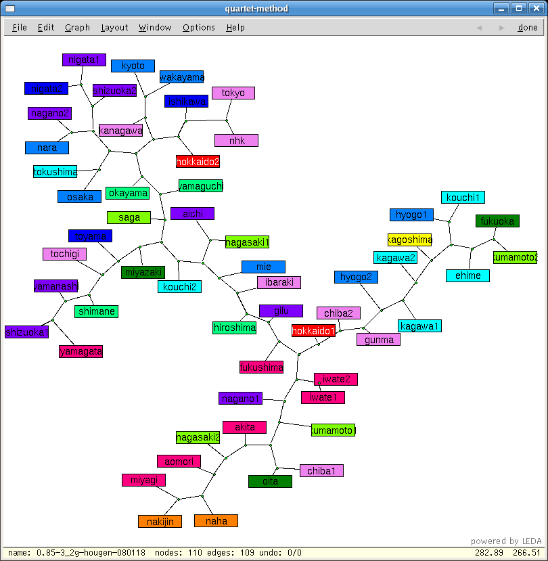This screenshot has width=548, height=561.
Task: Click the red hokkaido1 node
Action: click(313, 331)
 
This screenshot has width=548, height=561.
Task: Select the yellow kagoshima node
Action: click(409, 240)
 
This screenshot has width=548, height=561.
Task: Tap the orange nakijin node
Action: click(160, 521)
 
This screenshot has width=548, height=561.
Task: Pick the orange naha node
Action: click(216, 521)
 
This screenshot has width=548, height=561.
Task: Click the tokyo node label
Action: click(233, 93)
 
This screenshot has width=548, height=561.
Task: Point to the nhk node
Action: click(236, 141)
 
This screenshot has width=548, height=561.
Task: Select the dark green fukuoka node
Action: click(497, 221)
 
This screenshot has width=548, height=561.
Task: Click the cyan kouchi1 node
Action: click(463, 198)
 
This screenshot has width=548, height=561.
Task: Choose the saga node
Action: click(129, 217)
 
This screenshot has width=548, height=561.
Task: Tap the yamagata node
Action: click(81, 351)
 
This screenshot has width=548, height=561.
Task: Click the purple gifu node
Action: click(281, 311)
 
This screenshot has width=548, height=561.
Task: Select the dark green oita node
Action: click(270, 481)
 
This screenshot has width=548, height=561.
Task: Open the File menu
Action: click(20, 28)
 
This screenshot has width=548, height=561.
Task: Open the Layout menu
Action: click(114, 28)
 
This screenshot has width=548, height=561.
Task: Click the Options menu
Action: click(198, 28)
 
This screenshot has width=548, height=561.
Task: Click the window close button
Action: click(536, 8)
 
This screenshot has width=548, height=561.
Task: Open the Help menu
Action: click(235, 28)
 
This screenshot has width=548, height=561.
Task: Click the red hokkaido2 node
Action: click(198, 162)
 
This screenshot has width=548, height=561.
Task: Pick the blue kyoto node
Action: click(133, 66)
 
